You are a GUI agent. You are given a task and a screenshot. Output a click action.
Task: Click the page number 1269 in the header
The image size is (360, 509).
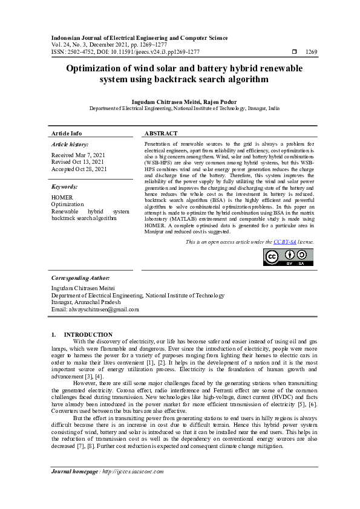click(312, 52)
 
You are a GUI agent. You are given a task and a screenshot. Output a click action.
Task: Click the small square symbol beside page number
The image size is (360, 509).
click(294, 52)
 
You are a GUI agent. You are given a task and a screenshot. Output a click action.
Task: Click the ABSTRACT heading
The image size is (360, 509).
click(161, 133)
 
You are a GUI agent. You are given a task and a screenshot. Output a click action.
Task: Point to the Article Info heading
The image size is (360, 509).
click(67, 133)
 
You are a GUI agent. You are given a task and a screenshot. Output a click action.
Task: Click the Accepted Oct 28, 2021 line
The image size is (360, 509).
click(79, 169)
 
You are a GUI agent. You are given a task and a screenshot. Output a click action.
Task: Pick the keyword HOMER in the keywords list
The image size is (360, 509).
click(62, 198)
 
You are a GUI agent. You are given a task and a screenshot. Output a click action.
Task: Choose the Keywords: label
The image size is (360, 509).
click(65, 187)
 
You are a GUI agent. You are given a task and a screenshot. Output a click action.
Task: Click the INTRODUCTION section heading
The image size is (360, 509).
click(88, 334)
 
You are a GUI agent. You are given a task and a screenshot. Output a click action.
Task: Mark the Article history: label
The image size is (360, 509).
click(70, 144)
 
